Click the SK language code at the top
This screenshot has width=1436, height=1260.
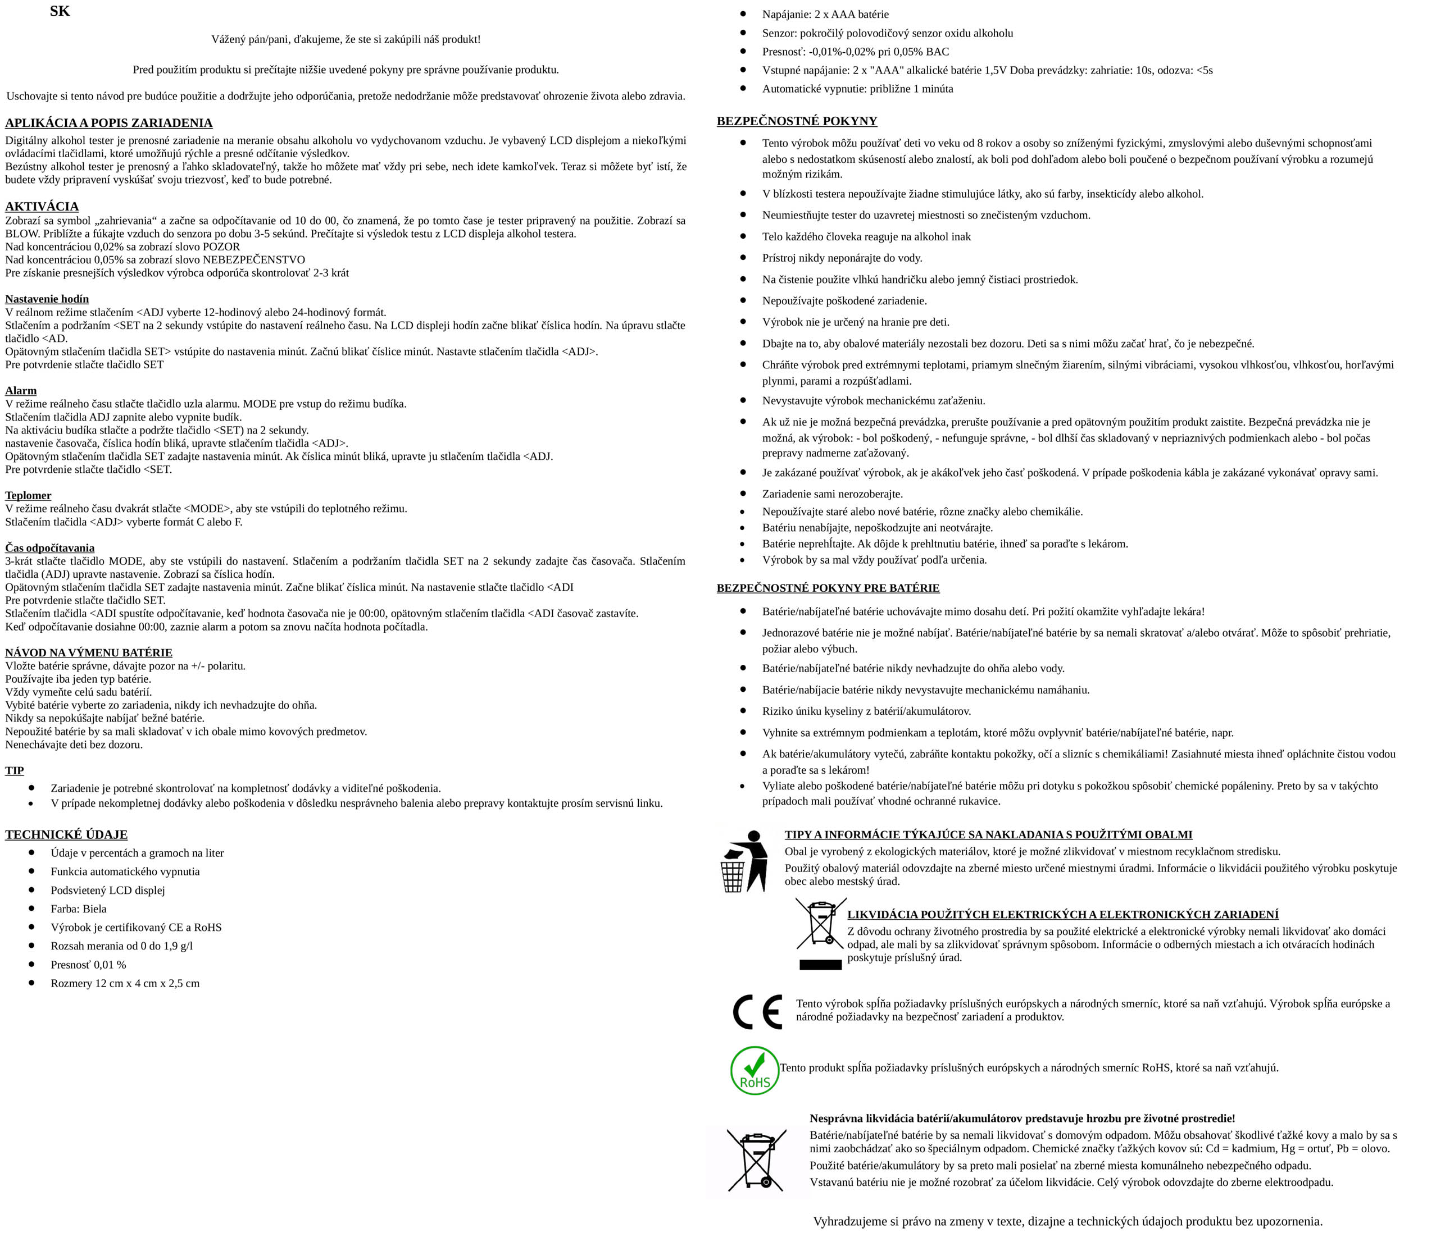(x=60, y=12)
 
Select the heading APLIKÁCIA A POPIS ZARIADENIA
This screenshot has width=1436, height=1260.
(x=109, y=123)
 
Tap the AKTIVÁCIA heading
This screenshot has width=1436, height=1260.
(x=42, y=207)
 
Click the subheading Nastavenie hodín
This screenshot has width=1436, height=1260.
(x=47, y=299)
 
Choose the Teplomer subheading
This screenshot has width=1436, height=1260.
(x=28, y=496)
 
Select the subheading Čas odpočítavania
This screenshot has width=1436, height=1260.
(x=50, y=548)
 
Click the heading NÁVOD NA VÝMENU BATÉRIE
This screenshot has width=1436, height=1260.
(x=89, y=652)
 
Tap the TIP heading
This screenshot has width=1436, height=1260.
(x=15, y=770)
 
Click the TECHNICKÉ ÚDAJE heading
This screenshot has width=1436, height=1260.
(x=67, y=834)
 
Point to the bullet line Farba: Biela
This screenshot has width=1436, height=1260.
(x=79, y=909)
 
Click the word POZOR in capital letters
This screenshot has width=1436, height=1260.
(x=221, y=247)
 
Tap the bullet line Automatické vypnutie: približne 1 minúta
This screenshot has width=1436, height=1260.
(x=858, y=89)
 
